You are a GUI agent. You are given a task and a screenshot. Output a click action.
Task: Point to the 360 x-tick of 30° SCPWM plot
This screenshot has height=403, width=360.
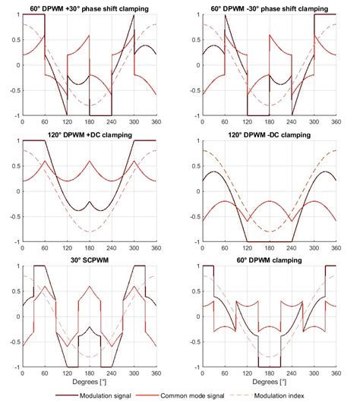pyautogui.click(x=155, y=374)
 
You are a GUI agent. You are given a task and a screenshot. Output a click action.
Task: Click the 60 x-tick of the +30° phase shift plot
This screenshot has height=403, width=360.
pyautogui.click(x=45, y=123)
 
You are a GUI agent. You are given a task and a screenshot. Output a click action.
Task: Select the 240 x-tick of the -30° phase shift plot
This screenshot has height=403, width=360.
pyautogui.click(x=292, y=123)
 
